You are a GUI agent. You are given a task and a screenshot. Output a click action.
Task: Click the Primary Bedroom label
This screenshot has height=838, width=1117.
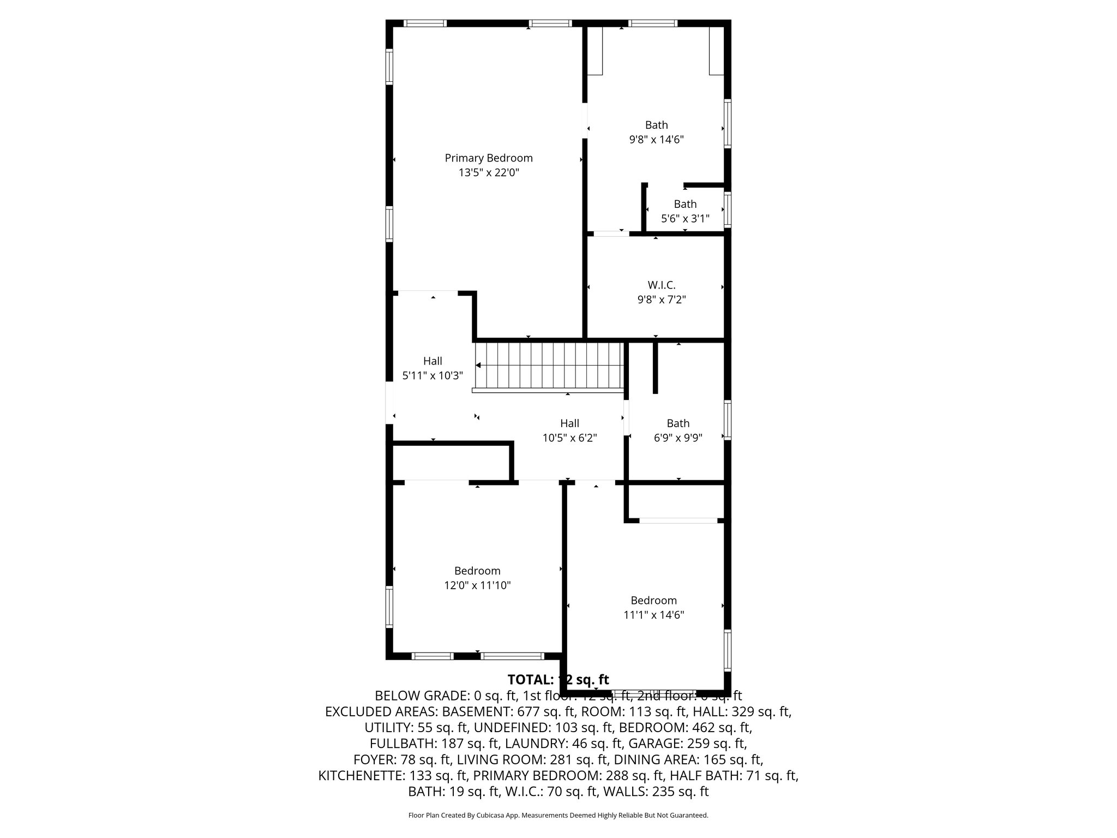point(488,158)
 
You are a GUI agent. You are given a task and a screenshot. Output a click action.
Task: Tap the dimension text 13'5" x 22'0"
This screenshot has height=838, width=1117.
point(488,173)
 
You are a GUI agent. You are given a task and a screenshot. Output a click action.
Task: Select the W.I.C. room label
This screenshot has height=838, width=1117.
point(661,285)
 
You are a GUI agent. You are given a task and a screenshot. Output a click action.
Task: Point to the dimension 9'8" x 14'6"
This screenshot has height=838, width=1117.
point(656,140)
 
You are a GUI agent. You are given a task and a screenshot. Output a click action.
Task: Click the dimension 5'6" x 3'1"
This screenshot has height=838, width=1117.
point(685,219)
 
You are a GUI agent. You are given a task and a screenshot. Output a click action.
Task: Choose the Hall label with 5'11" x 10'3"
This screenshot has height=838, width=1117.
point(433,361)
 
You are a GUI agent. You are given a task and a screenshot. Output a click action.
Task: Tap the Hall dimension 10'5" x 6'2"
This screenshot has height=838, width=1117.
point(569,438)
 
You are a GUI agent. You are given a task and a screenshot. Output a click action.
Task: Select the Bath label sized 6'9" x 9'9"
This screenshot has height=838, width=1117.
point(678,423)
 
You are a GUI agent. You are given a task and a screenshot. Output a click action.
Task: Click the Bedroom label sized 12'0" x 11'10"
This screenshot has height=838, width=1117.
point(477,571)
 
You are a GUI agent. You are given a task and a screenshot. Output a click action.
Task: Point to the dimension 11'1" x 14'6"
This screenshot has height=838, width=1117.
point(653,615)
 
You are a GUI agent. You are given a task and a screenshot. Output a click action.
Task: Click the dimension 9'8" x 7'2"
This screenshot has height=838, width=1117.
point(661,300)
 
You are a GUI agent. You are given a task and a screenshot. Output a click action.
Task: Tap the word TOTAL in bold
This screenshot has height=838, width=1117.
point(530,680)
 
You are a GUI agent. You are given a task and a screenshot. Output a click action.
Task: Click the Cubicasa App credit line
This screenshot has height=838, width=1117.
point(558,816)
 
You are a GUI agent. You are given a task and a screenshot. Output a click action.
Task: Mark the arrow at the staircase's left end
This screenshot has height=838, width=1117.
point(478,365)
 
